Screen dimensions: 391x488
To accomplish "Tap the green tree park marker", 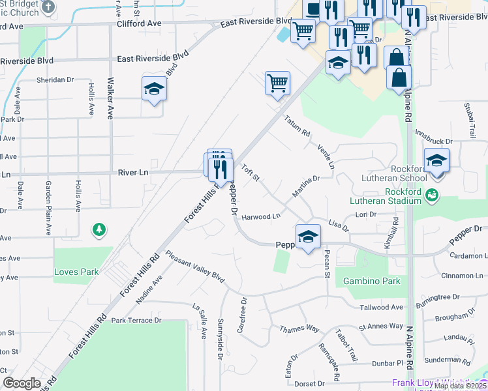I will (99, 229).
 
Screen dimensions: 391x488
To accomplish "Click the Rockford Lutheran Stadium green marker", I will (431, 195).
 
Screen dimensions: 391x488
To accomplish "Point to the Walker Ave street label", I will (110, 98).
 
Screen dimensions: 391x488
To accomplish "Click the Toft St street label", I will (251, 173).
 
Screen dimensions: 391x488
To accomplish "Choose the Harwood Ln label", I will (260, 216).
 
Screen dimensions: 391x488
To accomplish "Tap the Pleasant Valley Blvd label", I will (194, 267).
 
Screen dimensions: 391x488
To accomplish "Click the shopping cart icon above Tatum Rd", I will (277, 83).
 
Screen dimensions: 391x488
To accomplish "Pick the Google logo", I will (22, 383).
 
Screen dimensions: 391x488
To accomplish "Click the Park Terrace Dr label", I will (136, 321).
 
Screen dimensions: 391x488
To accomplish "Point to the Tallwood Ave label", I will (381, 307).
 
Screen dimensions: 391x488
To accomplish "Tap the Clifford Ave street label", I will (139, 23).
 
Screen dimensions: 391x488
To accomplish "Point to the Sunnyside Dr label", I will (220, 340).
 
